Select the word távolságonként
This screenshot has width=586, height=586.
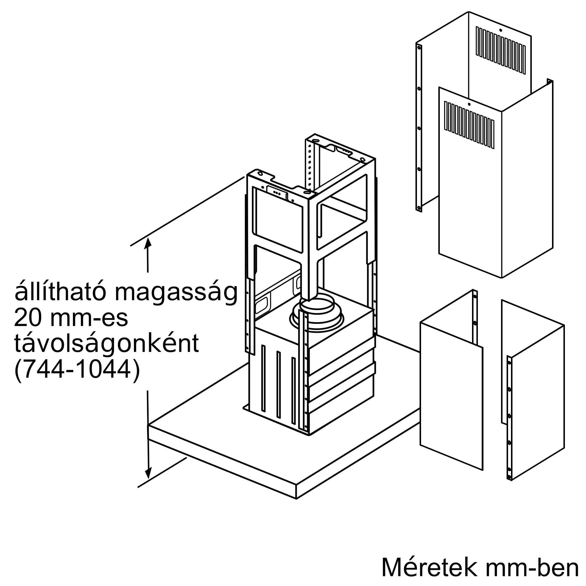tap(106, 344)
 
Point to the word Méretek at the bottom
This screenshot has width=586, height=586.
tap(423, 567)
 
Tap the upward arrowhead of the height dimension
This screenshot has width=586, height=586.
tap(148, 243)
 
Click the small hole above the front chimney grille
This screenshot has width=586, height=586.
tap(469, 104)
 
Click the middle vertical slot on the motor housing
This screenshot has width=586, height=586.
tap(278, 384)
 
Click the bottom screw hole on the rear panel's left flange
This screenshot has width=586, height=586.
tap(419, 208)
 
